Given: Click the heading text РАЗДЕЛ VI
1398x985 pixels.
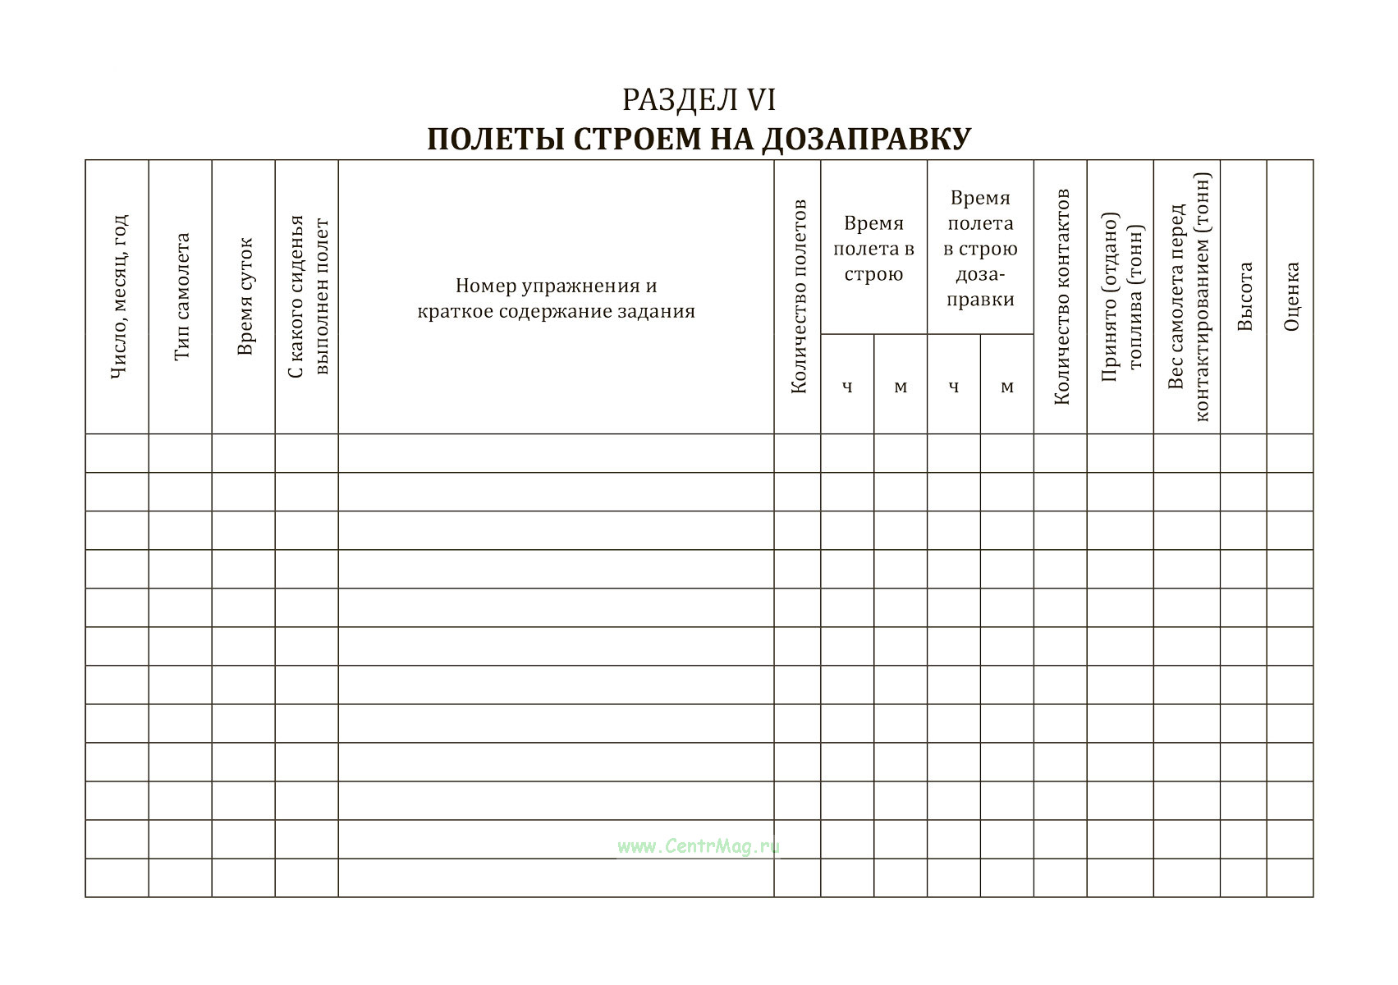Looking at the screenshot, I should pos(699,100).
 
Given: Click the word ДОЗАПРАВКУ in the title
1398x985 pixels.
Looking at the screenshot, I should pos(866,139).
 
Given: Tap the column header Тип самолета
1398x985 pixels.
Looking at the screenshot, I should pos(181,296).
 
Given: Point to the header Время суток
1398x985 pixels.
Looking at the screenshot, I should pos(245,296).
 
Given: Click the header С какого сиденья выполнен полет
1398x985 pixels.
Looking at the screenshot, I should pos(308,296).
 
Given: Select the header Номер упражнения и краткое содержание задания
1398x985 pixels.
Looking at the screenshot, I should pos(556,298).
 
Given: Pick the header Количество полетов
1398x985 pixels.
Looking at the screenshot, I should pos(798,296).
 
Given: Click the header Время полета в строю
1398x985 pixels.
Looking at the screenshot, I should pos(873,248).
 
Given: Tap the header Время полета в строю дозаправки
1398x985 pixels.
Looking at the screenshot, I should pos(980,248).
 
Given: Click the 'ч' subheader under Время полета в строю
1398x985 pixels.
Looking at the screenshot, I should pos(847,386).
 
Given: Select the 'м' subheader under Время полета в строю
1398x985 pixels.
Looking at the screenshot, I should pos(901,386).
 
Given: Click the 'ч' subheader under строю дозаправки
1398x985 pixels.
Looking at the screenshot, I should pos(954,386).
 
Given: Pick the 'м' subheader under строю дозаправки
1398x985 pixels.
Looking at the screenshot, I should pos(1007,386).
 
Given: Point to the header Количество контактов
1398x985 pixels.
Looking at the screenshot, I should pos(1061,296).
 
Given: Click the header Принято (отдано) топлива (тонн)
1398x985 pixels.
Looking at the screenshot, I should pos(1121,296).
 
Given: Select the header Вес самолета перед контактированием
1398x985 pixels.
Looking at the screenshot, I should pos(1188,296).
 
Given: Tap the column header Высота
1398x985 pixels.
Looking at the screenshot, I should pos(1244,296).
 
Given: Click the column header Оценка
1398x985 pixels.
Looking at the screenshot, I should pos(1291,296).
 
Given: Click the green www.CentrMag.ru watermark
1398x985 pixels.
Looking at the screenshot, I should pos(699,846).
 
